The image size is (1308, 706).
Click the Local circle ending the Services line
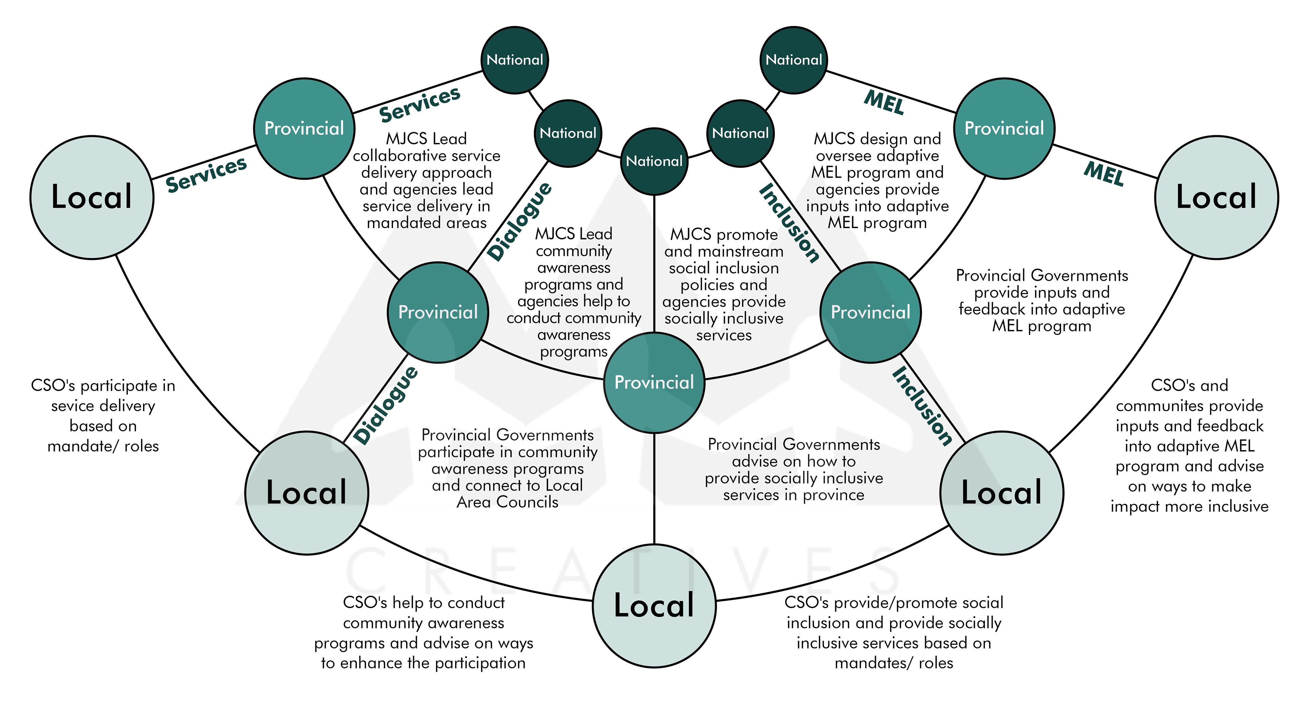[x=92, y=197]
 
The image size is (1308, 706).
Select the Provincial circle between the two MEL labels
[x=1004, y=128]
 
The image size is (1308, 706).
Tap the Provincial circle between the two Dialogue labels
[x=438, y=312]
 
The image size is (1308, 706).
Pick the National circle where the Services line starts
[x=514, y=60]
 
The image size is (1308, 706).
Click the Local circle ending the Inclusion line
[x=1001, y=492]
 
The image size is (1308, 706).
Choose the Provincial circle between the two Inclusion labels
[x=870, y=312]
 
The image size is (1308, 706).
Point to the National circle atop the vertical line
[x=654, y=161]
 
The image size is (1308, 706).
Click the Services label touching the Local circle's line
[x=206, y=174]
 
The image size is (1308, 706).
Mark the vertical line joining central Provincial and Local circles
[x=654, y=487]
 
